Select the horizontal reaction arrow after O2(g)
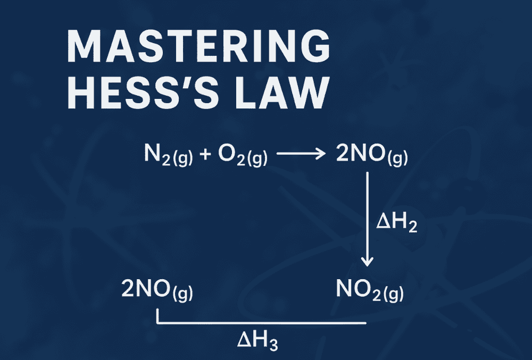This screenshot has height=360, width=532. pos(301,154)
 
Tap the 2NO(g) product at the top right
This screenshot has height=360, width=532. pos(372,155)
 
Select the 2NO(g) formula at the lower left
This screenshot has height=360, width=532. pos(157,290)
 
